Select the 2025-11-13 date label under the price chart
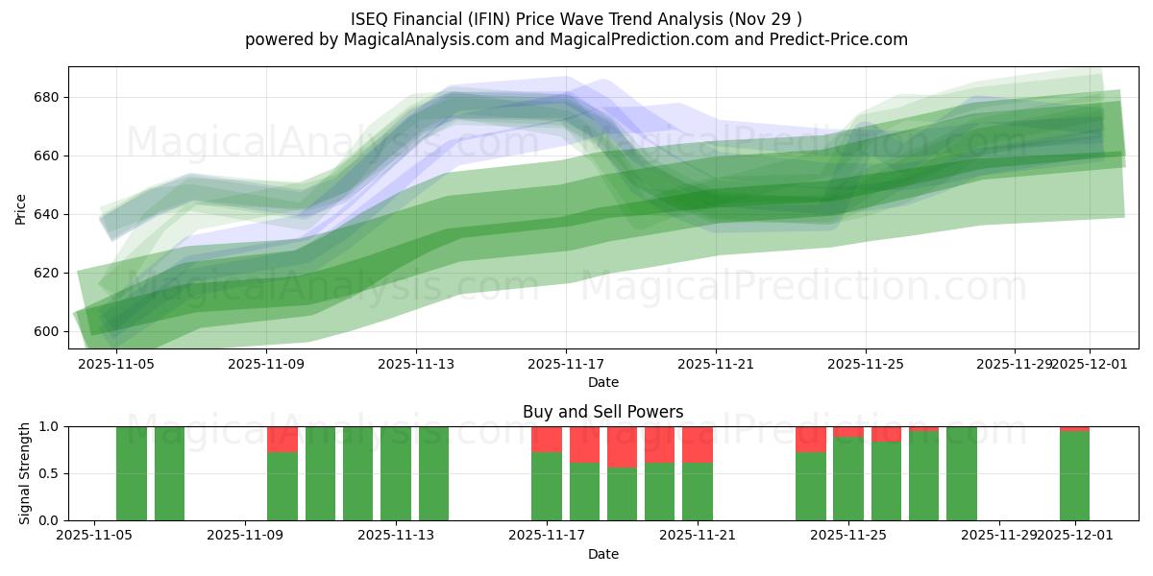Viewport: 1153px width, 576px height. pos(416,364)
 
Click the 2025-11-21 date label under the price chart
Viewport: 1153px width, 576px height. pos(716,364)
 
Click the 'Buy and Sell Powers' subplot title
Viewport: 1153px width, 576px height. pos(602,412)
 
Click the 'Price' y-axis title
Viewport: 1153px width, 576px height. pos(21,207)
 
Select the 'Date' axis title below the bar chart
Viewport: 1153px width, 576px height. pos(602,554)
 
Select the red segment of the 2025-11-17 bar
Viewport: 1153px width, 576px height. pos(547,439)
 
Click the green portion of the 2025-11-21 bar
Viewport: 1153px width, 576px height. pos(698,492)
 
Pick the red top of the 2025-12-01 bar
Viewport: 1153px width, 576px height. pos(1074,428)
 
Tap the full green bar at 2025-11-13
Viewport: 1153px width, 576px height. pos(396,473)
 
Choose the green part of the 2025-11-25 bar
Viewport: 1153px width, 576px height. pos(848,479)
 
